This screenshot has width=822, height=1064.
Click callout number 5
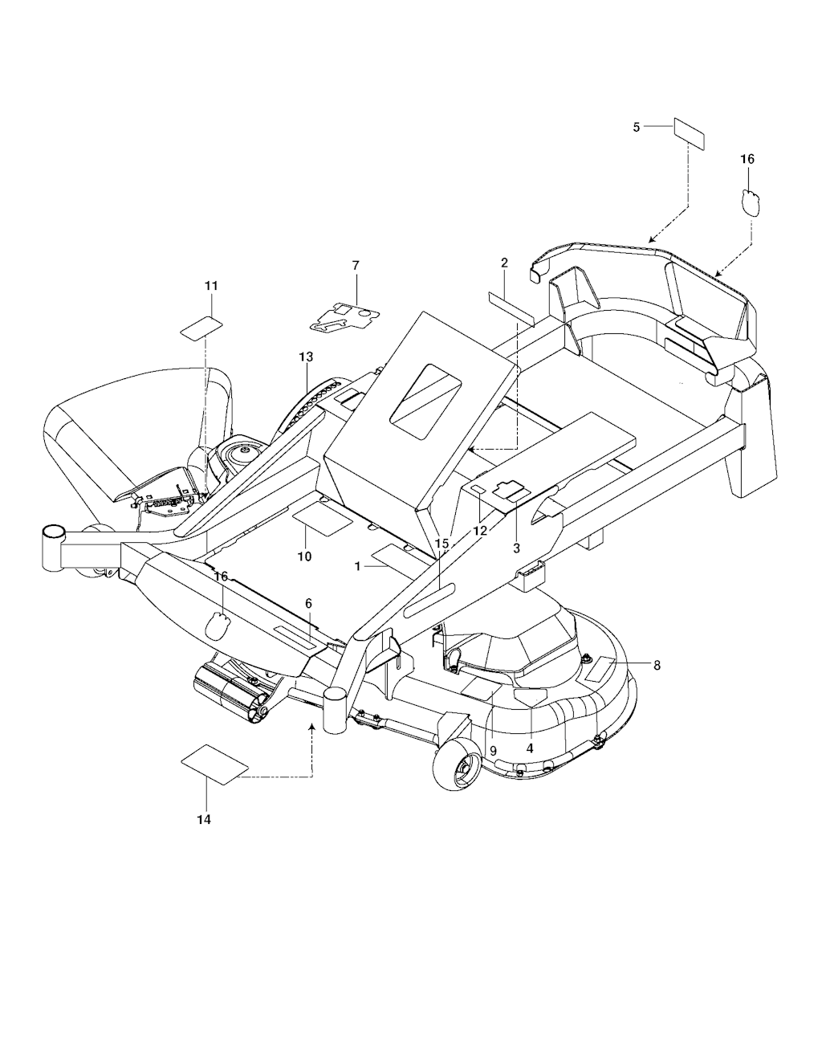[x=636, y=128]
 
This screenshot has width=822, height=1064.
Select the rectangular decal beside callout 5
[x=690, y=133]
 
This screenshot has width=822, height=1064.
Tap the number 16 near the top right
[x=747, y=159]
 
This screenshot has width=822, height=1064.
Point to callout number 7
[x=356, y=265]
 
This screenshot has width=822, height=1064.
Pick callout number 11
[x=211, y=285]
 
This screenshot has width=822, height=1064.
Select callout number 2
[x=504, y=263]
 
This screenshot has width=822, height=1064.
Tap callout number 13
[x=306, y=357]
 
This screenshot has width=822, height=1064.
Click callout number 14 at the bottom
[x=204, y=820]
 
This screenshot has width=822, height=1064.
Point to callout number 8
[x=657, y=666]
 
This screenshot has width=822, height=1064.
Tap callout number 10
[x=304, y=556]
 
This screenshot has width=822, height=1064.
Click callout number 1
[x=358, y=566]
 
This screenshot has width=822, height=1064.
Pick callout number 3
[x=516, y=549]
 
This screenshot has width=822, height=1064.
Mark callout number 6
[x=308, y=604]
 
